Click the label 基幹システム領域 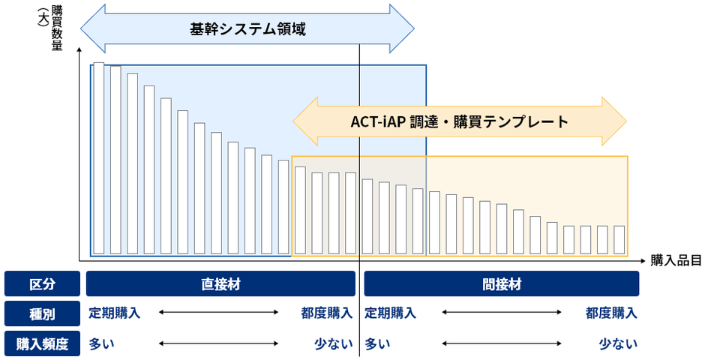(247, 29)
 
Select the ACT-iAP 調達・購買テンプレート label (460, 121)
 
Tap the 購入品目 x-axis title (676, 260)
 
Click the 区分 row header (42, 283)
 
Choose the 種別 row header (42, 313)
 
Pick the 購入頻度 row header (42, 343)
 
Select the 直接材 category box (220, 283)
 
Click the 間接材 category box (501, 283)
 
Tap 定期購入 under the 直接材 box (114, 313)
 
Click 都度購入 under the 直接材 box (327, 313)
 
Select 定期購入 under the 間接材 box (390, 313)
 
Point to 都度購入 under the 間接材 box (611, 313)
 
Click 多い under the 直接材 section (101, 343)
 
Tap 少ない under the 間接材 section (618, 343)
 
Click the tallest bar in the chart (99, 158)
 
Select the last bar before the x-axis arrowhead (619, 239)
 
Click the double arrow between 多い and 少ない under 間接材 (502, 343)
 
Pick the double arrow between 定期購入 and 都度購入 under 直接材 (218, 312)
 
